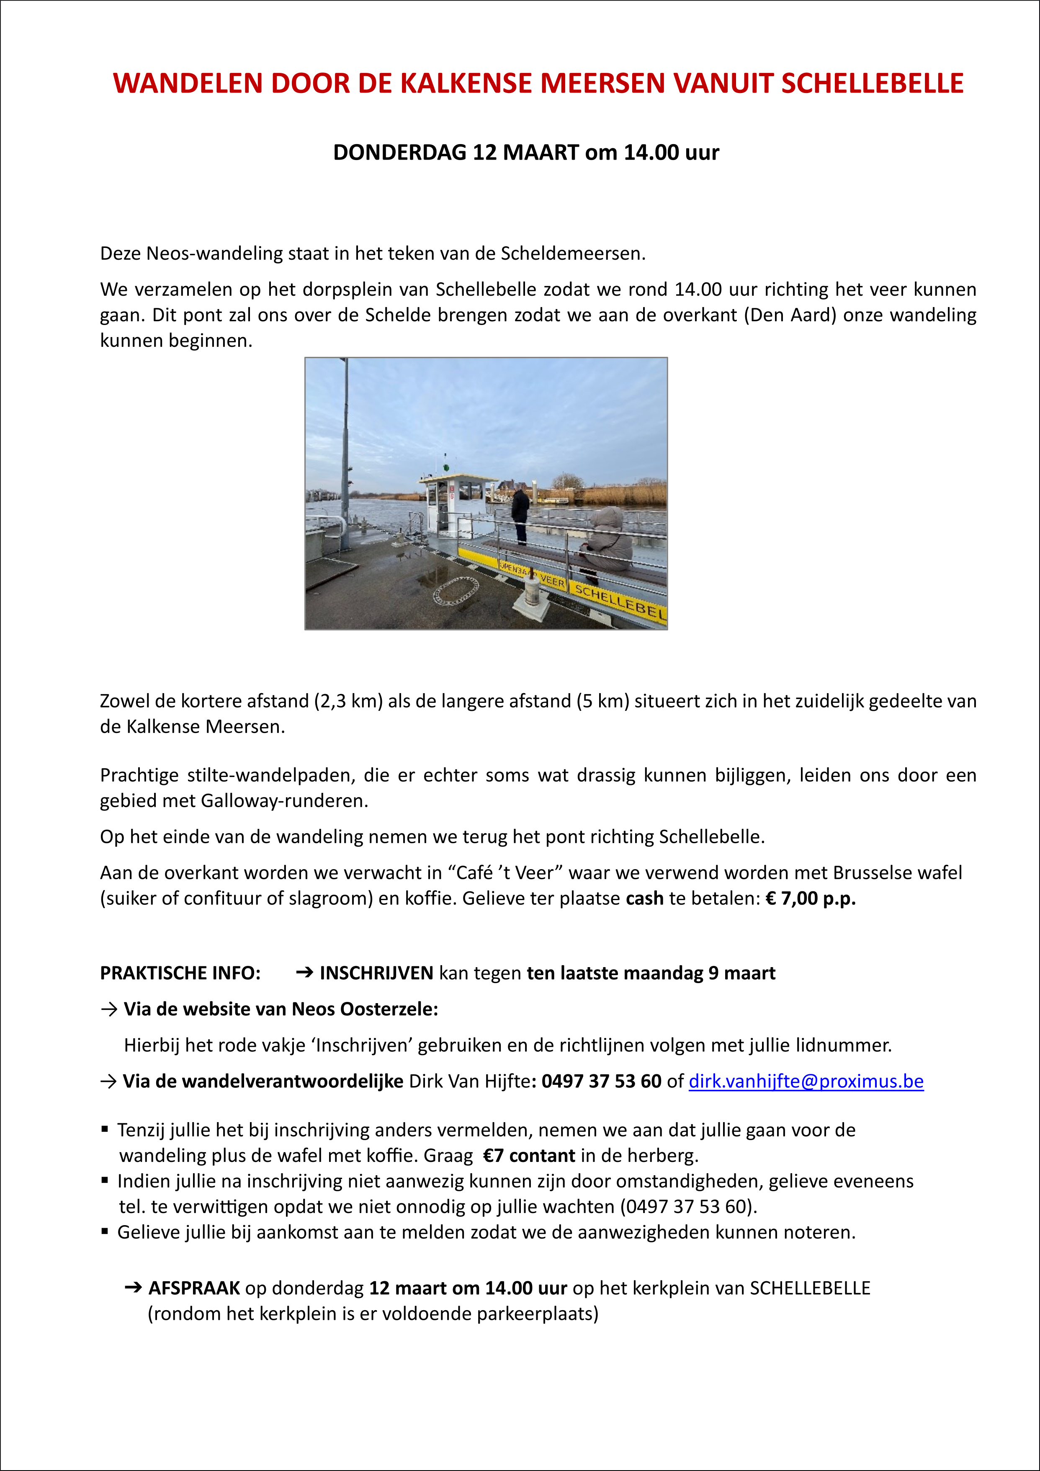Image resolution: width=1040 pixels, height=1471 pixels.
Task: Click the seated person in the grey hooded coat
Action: tap(608, 538)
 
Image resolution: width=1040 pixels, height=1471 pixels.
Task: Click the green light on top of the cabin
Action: tap(443, 459)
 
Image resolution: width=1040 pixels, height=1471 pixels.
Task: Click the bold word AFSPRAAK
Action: tap(194, 1288)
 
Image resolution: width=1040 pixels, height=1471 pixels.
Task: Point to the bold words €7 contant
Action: tap(529, 1155)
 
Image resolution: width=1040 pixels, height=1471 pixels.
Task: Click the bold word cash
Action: tap(644, 898)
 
